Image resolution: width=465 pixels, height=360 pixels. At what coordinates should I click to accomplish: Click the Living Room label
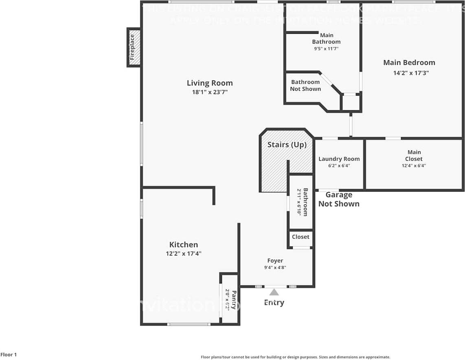point(210,83)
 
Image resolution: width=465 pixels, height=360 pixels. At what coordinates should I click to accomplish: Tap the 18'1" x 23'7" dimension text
point(210,92)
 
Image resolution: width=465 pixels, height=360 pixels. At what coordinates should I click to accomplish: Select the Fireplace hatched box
point(134,47)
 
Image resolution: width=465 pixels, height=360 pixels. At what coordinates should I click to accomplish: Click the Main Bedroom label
point(409,63)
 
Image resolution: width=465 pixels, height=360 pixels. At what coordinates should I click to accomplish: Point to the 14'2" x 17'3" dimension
point(409,73)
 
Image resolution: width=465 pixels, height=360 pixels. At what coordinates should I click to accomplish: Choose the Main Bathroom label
point(326,39)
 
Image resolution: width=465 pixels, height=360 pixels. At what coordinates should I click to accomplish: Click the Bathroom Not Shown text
point(305,85)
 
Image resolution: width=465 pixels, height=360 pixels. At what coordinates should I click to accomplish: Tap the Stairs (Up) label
point(287,145)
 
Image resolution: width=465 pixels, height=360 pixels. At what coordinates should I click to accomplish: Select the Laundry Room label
point(339,159)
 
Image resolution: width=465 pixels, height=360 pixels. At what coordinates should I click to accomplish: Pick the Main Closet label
point(414,155)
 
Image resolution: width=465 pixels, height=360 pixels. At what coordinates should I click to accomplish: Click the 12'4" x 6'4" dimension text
point(414,166)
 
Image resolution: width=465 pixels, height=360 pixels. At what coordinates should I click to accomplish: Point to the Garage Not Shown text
point(339,199)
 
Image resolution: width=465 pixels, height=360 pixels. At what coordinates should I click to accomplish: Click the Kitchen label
point(184,244)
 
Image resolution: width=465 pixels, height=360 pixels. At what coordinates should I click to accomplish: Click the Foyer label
point(275,261)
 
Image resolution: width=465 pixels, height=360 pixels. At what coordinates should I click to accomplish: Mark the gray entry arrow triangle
point(274,292)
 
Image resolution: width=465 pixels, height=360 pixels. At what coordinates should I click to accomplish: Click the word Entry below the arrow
point(274,302)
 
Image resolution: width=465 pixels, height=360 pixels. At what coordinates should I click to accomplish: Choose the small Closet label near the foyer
point(300,237)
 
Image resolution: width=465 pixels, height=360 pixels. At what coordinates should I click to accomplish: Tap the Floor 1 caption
point(9,355)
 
